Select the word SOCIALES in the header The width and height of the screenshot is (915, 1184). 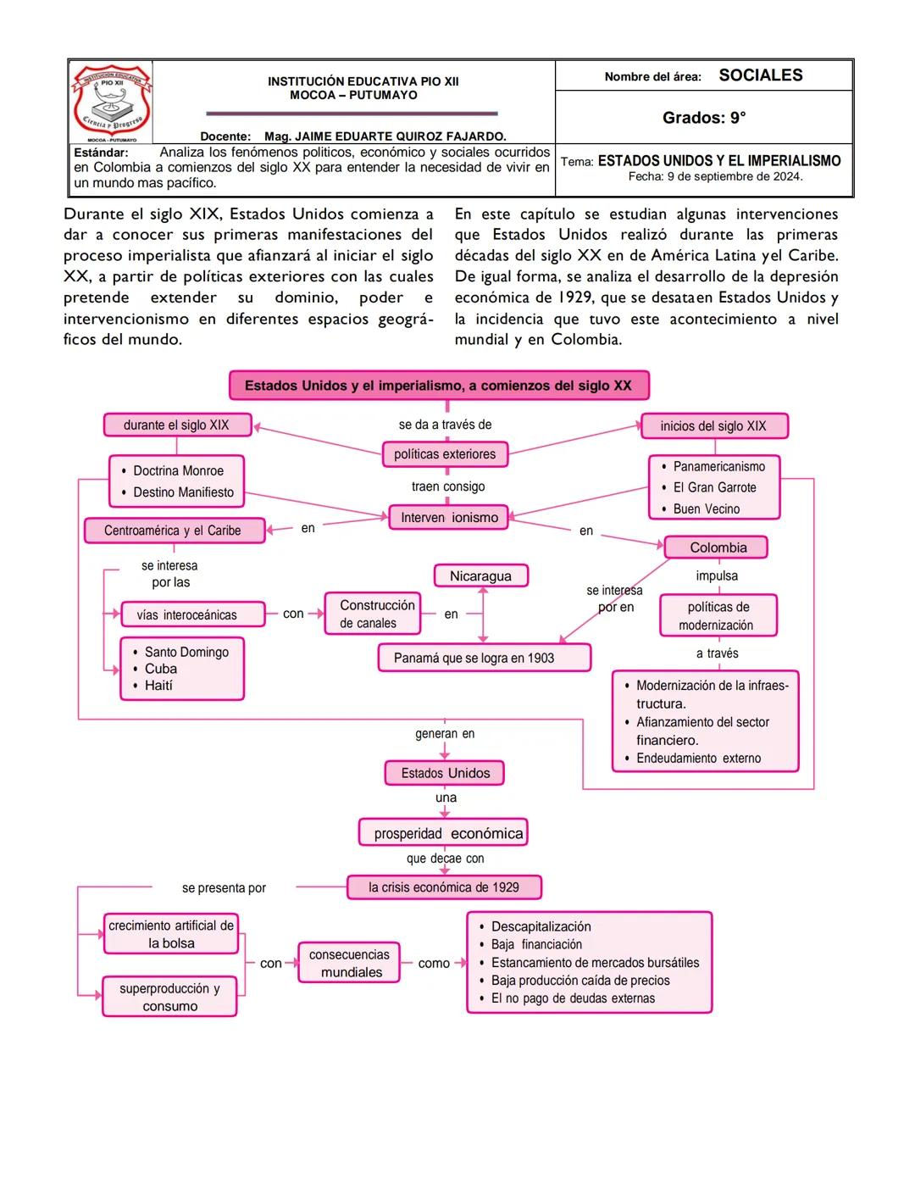(760, 75)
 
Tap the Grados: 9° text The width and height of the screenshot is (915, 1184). (703, 118)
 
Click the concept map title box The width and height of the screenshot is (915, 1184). (439, 386)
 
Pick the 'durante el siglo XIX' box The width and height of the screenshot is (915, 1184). (177, 425)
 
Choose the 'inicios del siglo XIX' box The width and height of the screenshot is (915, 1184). (713, 426)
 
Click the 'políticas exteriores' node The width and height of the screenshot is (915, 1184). (445, 454)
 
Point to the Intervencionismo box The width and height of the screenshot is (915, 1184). (448, 518)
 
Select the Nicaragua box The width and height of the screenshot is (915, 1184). (480, 576)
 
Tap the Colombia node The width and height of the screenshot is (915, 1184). (717, 548)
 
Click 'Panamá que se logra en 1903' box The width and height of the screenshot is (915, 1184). (483, 658)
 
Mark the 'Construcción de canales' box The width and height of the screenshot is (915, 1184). (373, 614)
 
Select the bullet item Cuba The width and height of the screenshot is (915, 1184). (161, 669)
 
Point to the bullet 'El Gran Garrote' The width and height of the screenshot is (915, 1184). (714, 487)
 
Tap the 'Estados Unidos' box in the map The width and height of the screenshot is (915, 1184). (445, 773)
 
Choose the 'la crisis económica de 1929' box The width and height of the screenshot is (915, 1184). (444, 887)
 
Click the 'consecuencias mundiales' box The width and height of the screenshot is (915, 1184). (349, 964)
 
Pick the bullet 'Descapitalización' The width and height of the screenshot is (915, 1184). (541, 926)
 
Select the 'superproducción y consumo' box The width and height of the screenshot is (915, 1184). (169, 998)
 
